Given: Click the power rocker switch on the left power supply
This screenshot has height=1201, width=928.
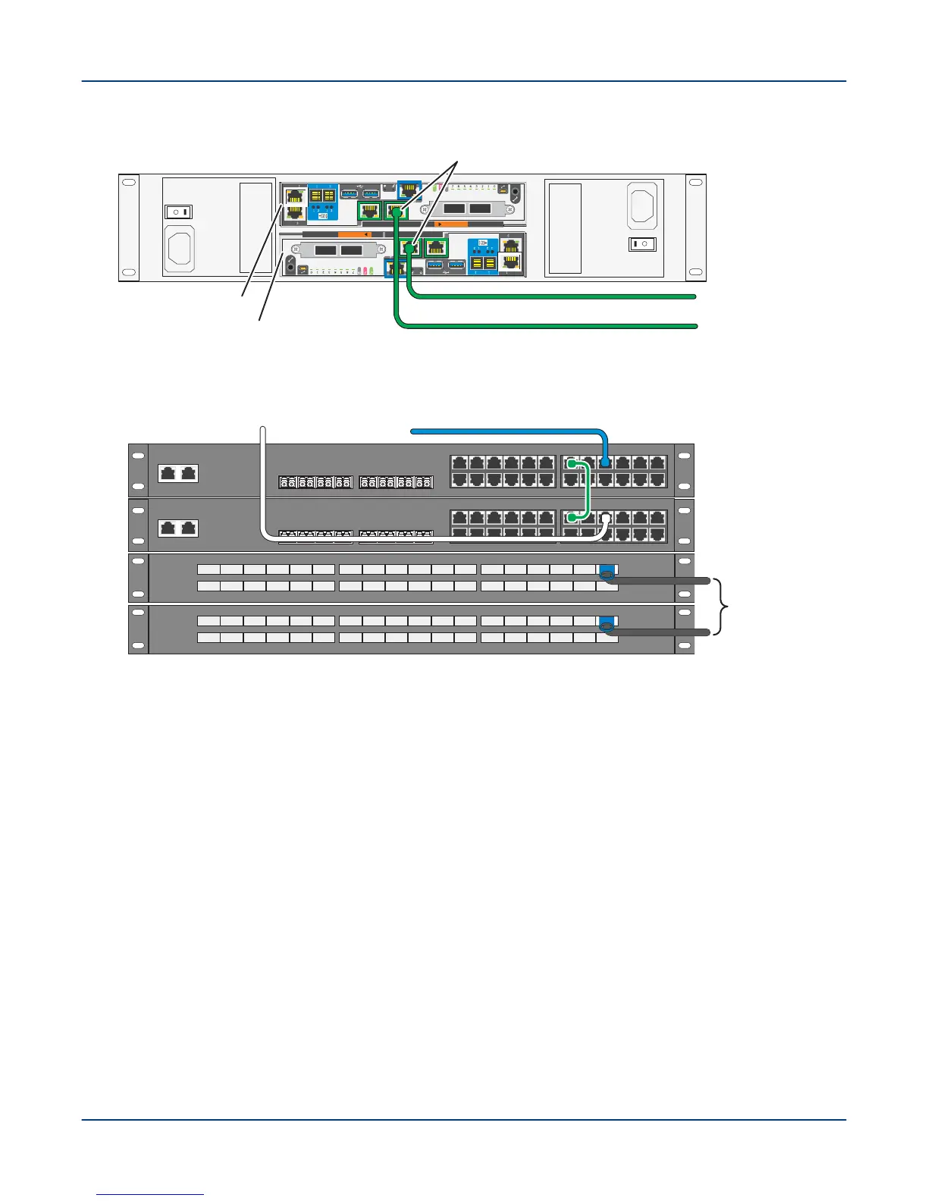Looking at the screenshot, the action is coord(180,212).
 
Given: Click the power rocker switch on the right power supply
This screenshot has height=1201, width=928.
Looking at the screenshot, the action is coord(641,244).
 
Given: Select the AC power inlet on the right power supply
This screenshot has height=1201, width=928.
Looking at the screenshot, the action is coord(641,204).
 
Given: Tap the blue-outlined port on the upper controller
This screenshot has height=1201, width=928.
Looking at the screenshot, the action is coord(409,190).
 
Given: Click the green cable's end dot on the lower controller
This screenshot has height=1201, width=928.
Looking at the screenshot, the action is coord(410,248).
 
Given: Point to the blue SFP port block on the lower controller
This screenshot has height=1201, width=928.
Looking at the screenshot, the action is coord(483,256).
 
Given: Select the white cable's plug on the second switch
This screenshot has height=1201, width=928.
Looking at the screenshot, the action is coord(605,519).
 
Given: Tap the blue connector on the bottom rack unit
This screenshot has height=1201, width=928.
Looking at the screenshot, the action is coord(606,625).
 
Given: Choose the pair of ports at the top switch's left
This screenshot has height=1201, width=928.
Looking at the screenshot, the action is coord(178,473).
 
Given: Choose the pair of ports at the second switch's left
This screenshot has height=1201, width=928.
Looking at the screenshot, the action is coord(178,528).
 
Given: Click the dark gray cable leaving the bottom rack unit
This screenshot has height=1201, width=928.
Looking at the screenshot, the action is coord(660,632).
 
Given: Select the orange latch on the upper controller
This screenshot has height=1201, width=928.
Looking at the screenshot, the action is coord(450,224).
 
